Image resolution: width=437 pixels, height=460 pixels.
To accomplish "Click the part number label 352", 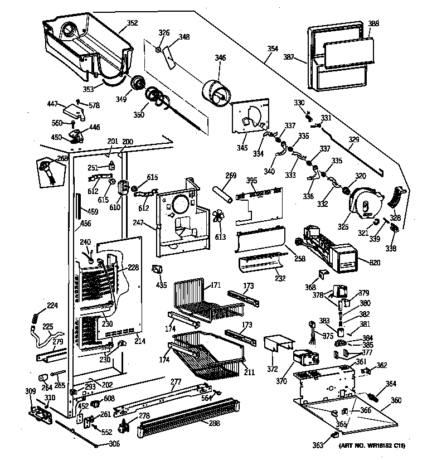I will [132, 23].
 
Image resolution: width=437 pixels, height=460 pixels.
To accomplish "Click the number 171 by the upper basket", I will [215, 285].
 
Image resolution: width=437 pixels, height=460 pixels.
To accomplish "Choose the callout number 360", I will [396, 400].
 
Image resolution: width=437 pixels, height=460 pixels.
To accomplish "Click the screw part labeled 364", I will [373, 398].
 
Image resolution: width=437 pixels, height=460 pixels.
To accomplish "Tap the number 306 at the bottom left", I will [114, 444].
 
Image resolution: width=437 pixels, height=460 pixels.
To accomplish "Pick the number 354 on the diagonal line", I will [272, 49].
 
